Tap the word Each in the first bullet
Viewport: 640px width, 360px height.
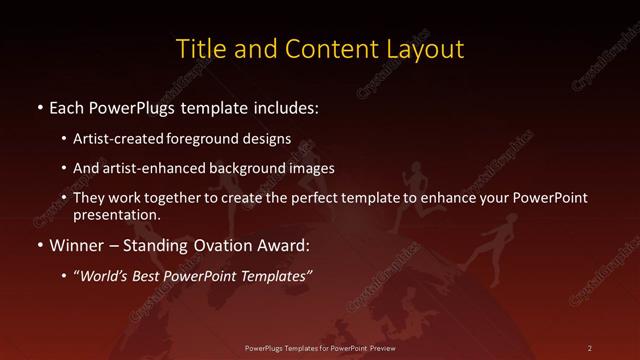click(67, 105)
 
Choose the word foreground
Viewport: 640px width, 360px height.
click(198, 141)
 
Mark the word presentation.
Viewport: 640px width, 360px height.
click(117, 214)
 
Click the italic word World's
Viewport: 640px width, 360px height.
click(107, 274)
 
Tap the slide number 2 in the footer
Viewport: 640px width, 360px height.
click(589, 347)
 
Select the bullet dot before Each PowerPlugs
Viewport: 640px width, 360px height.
click(38, 106)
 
